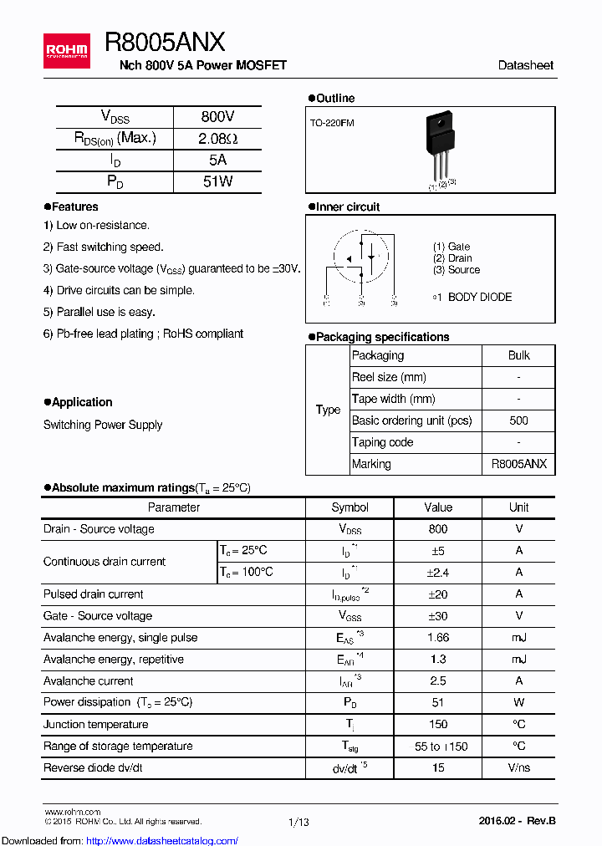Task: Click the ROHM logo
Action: [x=66, y=51]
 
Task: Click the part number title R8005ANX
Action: [x=165, y=43]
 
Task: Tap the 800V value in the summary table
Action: [x=217, y=117]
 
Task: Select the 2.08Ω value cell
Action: [x=217, y=139]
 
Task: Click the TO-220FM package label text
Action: [x=332, y=123]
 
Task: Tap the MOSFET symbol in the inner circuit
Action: [x=361, y=258]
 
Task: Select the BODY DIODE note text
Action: [x=472, y=297]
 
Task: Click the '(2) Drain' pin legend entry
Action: [x=452, y=258]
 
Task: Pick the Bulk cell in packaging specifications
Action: [x=518, y=355]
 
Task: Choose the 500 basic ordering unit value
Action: [x=518, y=420]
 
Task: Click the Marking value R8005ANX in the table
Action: [x=518, y=464]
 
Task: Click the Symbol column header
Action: [x=349, y=507]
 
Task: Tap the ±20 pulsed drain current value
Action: [x=437, y=594]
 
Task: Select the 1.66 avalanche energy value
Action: [x=437, y=638]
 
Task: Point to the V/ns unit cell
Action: [x=518, y=767]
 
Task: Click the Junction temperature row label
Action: [x=96, y=724]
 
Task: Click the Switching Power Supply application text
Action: [x=103, y=425]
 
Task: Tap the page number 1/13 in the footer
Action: [x=298, y=822]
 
